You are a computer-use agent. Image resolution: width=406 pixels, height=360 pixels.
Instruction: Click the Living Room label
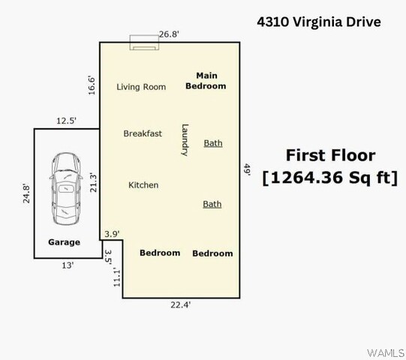pos(141,87)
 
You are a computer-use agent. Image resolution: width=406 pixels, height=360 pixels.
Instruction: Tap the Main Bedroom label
pos(206,81)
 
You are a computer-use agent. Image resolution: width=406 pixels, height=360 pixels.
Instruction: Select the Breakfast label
pos(143,133)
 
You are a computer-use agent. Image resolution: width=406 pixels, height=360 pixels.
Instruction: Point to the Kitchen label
pos(143,184)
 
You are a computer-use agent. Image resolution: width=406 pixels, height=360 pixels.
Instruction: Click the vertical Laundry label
pos(185,140)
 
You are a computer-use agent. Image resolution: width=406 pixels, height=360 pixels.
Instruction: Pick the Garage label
pos(65,242)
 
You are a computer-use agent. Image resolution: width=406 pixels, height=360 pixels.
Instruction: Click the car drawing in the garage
pos(66,189)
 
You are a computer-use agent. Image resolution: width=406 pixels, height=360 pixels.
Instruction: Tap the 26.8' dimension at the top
pos(169,34)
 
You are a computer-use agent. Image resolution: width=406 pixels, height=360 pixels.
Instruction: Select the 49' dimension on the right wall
pos(247,169)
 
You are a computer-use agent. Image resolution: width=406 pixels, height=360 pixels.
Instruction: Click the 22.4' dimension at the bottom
pos(180,304)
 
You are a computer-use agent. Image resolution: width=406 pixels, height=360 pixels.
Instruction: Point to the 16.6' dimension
pos(92,85)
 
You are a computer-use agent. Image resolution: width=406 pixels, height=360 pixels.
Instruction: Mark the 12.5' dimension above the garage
pos(66,121)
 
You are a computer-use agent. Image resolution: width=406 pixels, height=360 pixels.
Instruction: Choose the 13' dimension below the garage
pos(68,265)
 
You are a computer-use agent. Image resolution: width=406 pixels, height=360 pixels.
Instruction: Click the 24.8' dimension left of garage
pos(26,193)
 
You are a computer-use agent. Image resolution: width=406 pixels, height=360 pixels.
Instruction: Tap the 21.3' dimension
pos(93,183)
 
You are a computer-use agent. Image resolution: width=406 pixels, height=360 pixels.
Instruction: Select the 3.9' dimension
pos(112,234)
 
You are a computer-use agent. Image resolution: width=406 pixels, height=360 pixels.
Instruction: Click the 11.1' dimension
pos(117,277)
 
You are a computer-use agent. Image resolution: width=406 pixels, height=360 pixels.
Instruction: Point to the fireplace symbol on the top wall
pos(144,42)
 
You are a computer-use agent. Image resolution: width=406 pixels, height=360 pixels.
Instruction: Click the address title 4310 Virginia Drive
pos(319,22)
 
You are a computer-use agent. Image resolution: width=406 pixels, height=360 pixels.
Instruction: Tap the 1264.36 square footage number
pos(306,178)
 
